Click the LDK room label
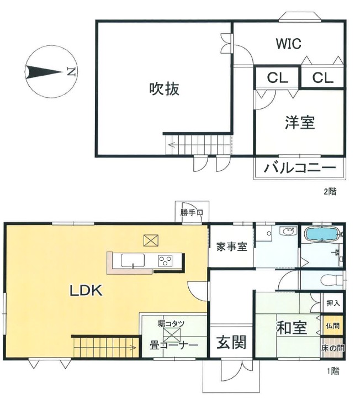click(86, 290)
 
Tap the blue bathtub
click(322, 234)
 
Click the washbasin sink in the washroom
click(288, 232)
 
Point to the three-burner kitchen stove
click(165, 260)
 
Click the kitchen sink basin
click(133, 260)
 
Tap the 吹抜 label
click(165, 89)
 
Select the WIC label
click(288, 44)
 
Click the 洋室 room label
click(300, 122)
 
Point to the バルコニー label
click(300, 167)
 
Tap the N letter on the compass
click(71, 71)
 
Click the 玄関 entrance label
click(231, 342)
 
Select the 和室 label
click(292, 328)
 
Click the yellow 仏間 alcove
click(333, 326)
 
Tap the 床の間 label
click(333, 348)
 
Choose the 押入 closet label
click(333, 303)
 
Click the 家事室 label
click(231, 247)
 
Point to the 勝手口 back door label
click(192, 212)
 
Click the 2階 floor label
click(330, 192)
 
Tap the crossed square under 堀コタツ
click(172, 335)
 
